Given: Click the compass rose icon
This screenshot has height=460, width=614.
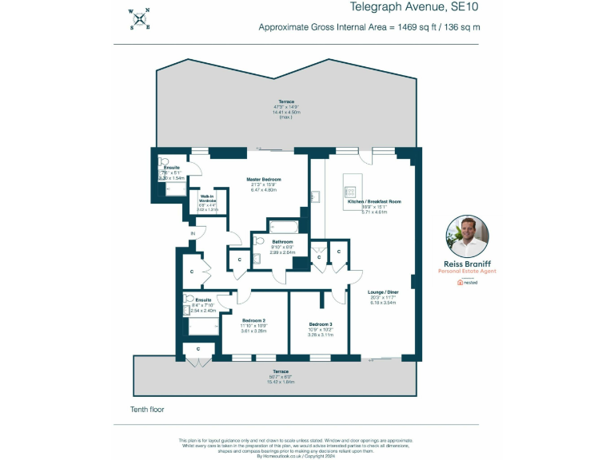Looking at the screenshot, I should tap(141, 18).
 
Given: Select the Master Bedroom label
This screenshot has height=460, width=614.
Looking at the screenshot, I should tap(264, 180).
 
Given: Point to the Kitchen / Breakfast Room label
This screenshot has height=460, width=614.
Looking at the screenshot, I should tap(374, 202).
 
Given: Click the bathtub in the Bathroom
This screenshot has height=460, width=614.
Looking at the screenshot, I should tap(280, 226).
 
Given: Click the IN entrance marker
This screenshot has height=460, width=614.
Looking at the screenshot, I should tap(193, 233).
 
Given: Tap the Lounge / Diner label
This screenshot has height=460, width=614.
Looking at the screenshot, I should tap(378, 292).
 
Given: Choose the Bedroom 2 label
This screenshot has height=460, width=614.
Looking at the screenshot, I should tap(253, 319).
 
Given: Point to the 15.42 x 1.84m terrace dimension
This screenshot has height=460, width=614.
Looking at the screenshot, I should tap(281, 382).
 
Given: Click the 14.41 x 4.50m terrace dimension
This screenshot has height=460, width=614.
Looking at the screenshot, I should tap(286, 113).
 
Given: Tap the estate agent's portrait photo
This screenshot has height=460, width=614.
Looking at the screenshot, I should tap(466, 235).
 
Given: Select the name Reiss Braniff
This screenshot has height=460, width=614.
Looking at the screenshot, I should tap(466, 264).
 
